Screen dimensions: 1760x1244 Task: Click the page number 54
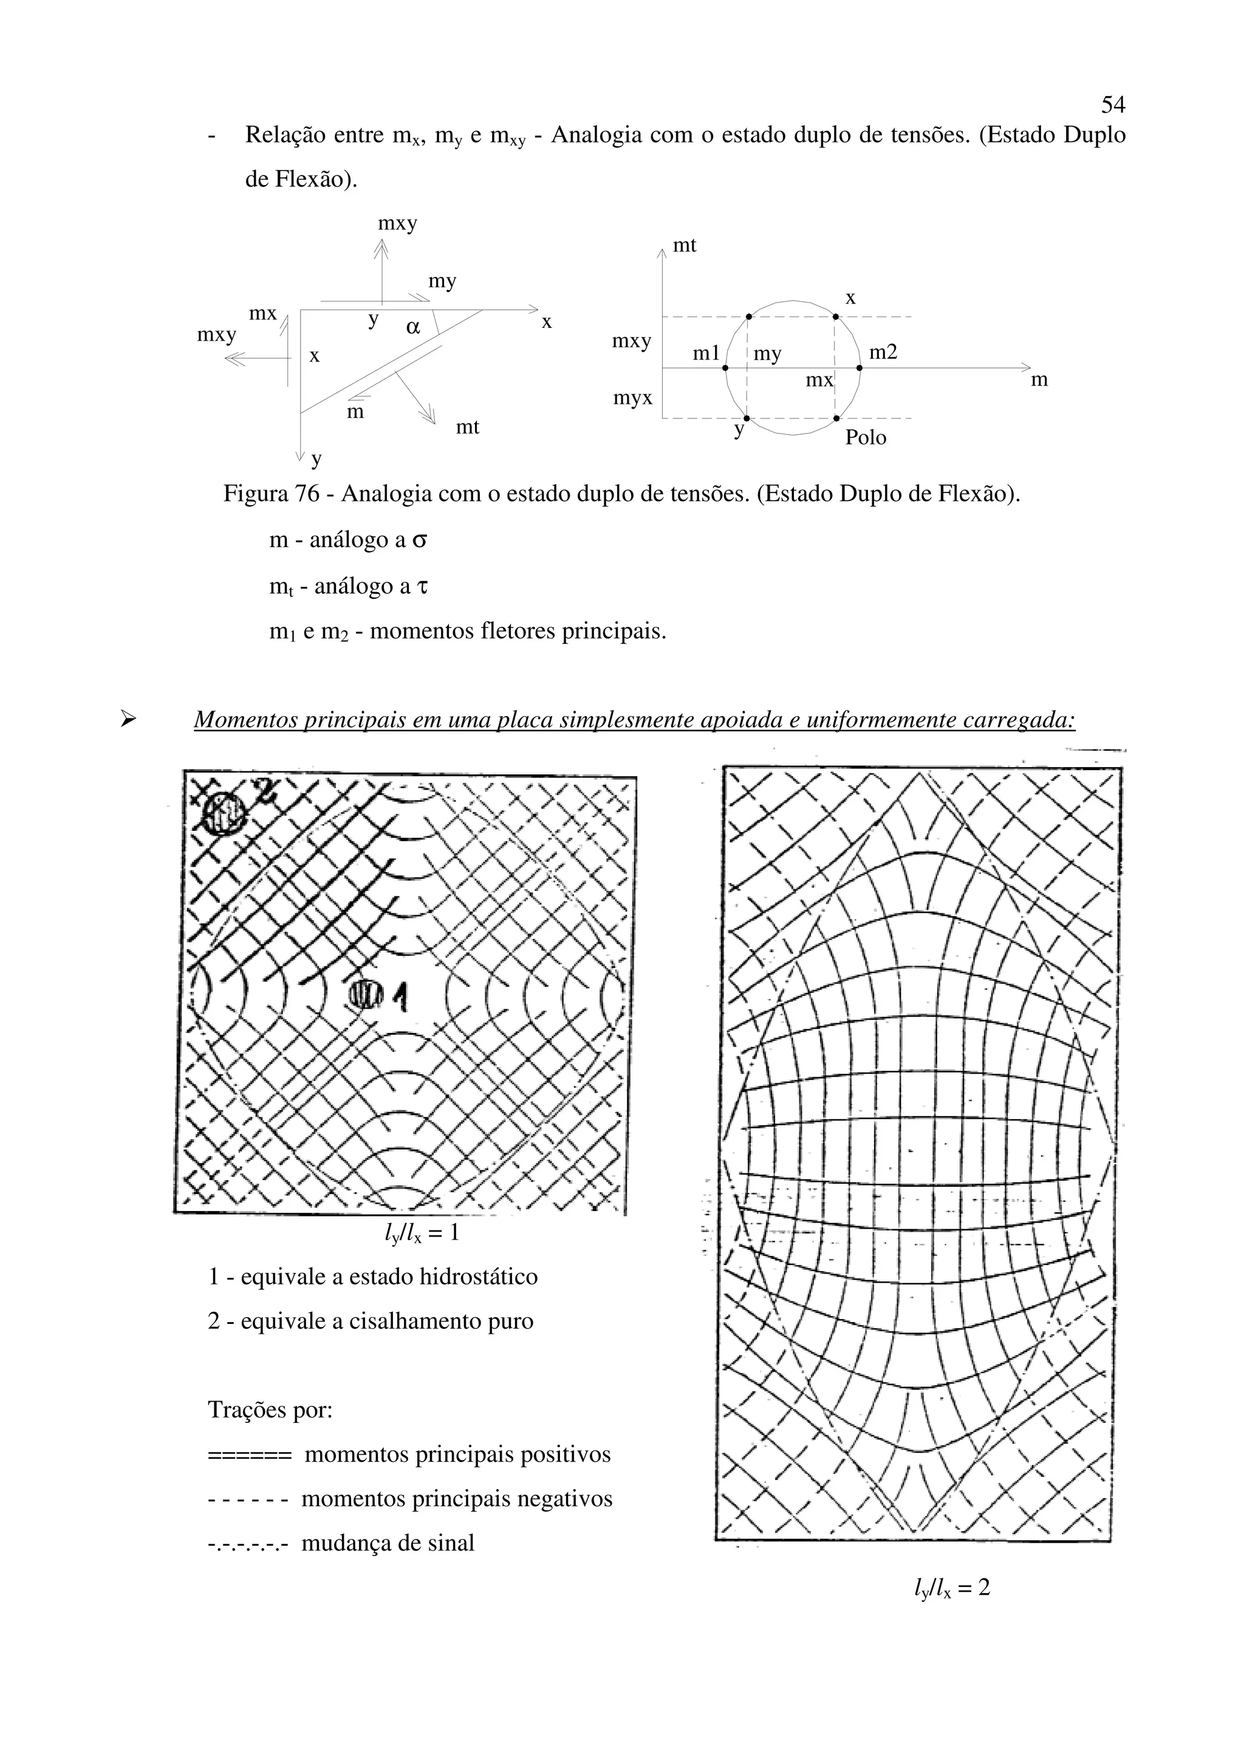tap(1113, 104)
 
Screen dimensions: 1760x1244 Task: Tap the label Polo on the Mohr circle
tap(866, 438)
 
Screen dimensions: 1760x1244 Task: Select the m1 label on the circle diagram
tap(706, 353)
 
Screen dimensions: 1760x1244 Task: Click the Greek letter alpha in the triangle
tap(412, 327)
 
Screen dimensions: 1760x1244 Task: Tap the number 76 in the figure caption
tap(307, 494)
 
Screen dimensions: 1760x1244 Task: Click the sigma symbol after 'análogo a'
tap(419, 541)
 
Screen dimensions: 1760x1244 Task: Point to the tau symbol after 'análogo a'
tap(422, 587)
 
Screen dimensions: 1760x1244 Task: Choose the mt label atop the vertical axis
tap(684, 245)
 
